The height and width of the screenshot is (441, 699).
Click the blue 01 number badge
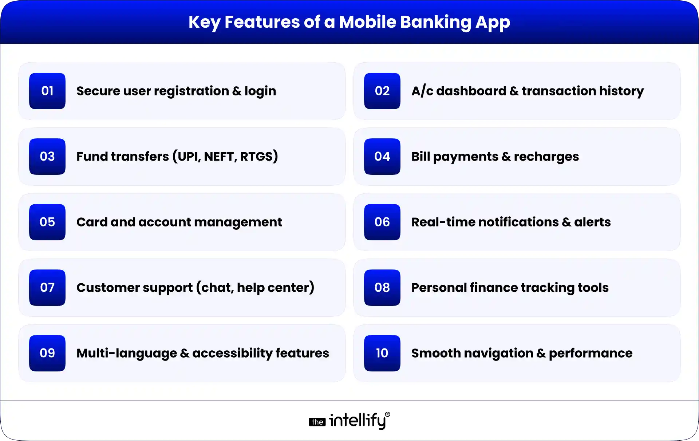click(47, 91)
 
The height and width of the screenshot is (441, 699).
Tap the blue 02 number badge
click(382, 91)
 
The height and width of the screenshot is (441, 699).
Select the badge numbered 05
click(47, 222)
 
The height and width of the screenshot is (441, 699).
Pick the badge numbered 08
click(382, 288)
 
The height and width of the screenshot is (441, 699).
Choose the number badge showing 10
click(382, 353)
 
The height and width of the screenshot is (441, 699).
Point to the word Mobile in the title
click(367, 22)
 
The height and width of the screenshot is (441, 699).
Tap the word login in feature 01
click(260, 91)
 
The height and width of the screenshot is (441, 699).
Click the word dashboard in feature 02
click(471, 91)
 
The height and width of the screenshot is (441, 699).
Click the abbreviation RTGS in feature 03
click(259, 157)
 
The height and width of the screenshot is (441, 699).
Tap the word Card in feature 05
click(91, 222)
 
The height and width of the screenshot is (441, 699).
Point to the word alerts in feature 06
click(592, 222)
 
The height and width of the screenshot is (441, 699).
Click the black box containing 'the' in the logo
click(317, 422)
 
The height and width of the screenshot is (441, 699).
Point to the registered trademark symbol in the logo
click(387, 414)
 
